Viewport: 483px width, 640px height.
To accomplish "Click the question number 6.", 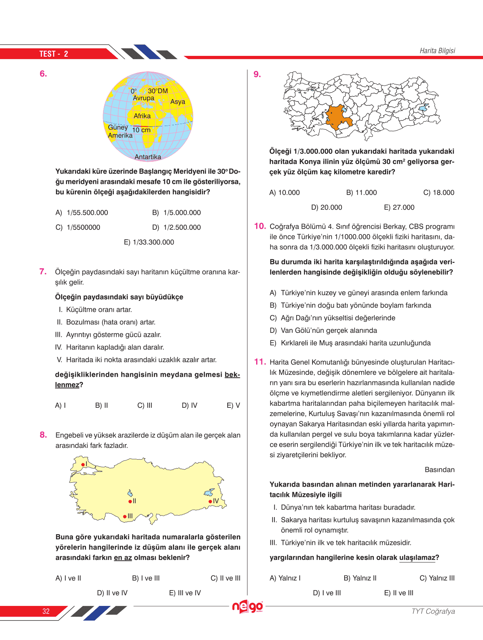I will point(43,74).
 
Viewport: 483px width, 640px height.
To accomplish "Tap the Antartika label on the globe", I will point(148,157).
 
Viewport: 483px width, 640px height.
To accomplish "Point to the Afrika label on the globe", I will point(142,116).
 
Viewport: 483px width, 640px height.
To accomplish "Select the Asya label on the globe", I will point(178,102).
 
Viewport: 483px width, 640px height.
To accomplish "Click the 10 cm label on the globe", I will point(141,130).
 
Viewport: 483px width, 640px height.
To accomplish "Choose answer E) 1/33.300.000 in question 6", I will point(149,242).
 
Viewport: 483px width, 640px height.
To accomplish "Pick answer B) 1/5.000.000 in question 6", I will point(176,213).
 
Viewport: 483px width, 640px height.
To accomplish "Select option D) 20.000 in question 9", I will point(326,207).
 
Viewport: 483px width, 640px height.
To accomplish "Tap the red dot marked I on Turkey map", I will point(82,464).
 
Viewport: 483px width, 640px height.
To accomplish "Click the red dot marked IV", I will point(210,502).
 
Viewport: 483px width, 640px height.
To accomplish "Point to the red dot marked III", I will point(125,516).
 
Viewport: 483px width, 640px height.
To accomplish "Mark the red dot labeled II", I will point(130,502).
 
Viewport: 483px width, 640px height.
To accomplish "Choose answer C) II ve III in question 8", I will point(225,578).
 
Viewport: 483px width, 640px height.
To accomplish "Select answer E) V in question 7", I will point(233,405).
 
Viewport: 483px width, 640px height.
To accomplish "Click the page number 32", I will point(46,611).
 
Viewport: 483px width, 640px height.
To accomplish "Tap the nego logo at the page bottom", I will point(247,607).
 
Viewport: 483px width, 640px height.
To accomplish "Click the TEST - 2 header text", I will point(54,54).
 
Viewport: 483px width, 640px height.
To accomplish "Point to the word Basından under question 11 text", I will point(439,470).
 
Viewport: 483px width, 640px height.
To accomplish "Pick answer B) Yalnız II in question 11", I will point(360,578).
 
